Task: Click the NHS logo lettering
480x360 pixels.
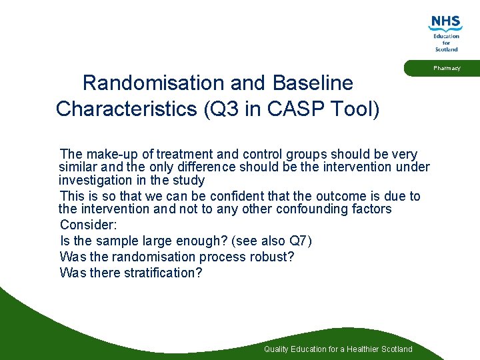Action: pos(446,23)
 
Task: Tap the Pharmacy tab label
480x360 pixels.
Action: pos(446,68)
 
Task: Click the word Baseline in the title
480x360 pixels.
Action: pos(313,83)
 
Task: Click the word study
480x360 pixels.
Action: pos(188,180)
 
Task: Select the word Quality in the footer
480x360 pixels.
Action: pos(277,349)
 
